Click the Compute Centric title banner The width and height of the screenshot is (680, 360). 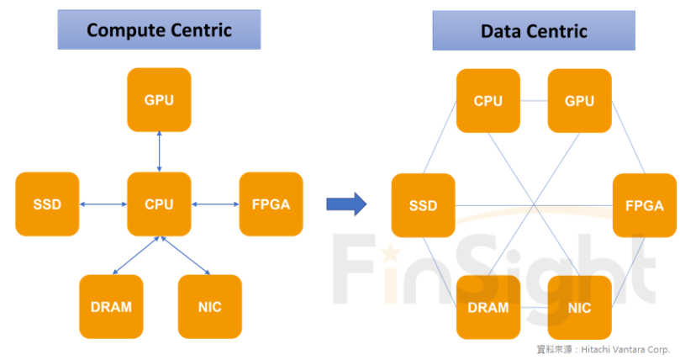[159, 30]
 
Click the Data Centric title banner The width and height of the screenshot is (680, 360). [534, 31]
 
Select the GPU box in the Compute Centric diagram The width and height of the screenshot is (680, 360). [159, 100]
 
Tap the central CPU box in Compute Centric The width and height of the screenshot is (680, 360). [159, 204]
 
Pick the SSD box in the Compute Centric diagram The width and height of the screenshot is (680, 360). [47, 204]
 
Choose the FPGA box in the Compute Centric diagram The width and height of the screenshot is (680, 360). [271, 204]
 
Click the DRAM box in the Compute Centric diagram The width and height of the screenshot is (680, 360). [111, 306]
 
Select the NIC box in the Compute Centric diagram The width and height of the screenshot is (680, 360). [209, 306]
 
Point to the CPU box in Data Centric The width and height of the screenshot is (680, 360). [488, 101]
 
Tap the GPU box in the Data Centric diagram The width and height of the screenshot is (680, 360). [579, 101]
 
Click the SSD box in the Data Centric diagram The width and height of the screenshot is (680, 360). [423, 205]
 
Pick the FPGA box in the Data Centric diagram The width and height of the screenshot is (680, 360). [645, 205]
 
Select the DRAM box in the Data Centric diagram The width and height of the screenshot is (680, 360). [488, 307]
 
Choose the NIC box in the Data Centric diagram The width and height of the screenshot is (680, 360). [579, 307]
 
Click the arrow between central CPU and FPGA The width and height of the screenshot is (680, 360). [215, 204]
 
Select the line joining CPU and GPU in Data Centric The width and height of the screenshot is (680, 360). [534, 101]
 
